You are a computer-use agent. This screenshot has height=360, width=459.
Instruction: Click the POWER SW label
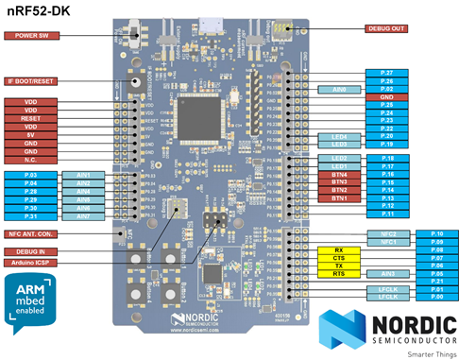point(32,35)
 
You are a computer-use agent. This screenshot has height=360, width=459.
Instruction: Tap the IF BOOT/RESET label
point(32,81)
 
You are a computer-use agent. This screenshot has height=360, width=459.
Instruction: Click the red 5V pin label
point(32,134)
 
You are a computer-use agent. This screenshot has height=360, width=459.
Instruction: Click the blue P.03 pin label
point(32,176)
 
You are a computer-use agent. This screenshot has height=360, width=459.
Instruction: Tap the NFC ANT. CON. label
point(32,233)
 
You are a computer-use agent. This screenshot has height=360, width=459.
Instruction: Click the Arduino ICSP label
point(32,262)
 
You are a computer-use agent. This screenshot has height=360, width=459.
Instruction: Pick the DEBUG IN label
point(32,251)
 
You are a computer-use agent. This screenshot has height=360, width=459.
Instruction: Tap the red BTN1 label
point(340,198)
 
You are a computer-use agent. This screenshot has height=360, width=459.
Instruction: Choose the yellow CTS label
point(340,257)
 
